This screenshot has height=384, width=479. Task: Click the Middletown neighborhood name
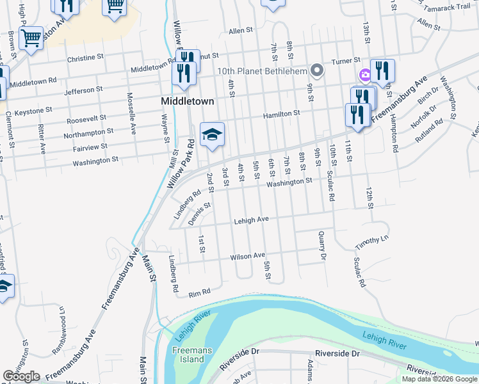click(187, 101)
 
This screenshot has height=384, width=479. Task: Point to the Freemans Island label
click(188, 355)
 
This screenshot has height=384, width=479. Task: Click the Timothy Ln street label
click(372, 241)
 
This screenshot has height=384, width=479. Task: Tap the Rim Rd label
click(200, 292)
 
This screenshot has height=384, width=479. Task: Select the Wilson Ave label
click(248, 256)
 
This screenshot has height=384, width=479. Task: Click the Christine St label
click(85, 58)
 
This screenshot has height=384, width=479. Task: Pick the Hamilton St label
click(282, 113)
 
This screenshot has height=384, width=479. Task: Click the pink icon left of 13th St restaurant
click(364, 75)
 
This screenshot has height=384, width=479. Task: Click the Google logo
click(21, 376)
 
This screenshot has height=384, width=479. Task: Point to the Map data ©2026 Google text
click(439, 379)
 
